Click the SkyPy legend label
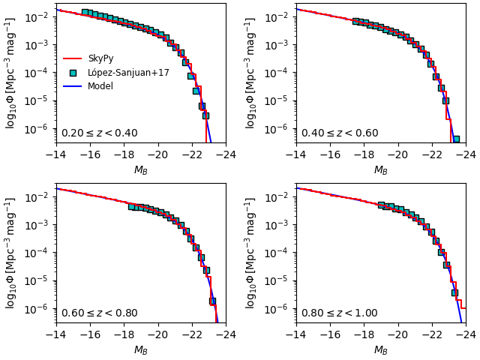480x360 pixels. (x=101, y=58)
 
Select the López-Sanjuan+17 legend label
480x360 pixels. (x=128, y=73)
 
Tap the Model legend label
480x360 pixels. (x=100, y=86)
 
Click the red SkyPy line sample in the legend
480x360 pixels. (x=73, y=58)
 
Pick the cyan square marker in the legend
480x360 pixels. (x=73, y=73)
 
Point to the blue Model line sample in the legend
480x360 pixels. (x=73, y=86)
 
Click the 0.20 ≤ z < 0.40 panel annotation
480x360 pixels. (x=99, y=133)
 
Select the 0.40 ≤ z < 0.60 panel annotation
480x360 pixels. (x=339, y=133)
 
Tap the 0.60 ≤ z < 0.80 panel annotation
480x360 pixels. (x=99, y=313)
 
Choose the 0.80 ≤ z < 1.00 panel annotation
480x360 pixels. (x=339, y=313)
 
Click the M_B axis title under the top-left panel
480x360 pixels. (x=141, y=170)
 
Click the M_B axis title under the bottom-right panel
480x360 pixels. (x=381, y=350)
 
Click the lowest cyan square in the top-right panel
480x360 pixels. (x=456, y=139)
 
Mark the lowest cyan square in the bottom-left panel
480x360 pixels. (x=212, y=301)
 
